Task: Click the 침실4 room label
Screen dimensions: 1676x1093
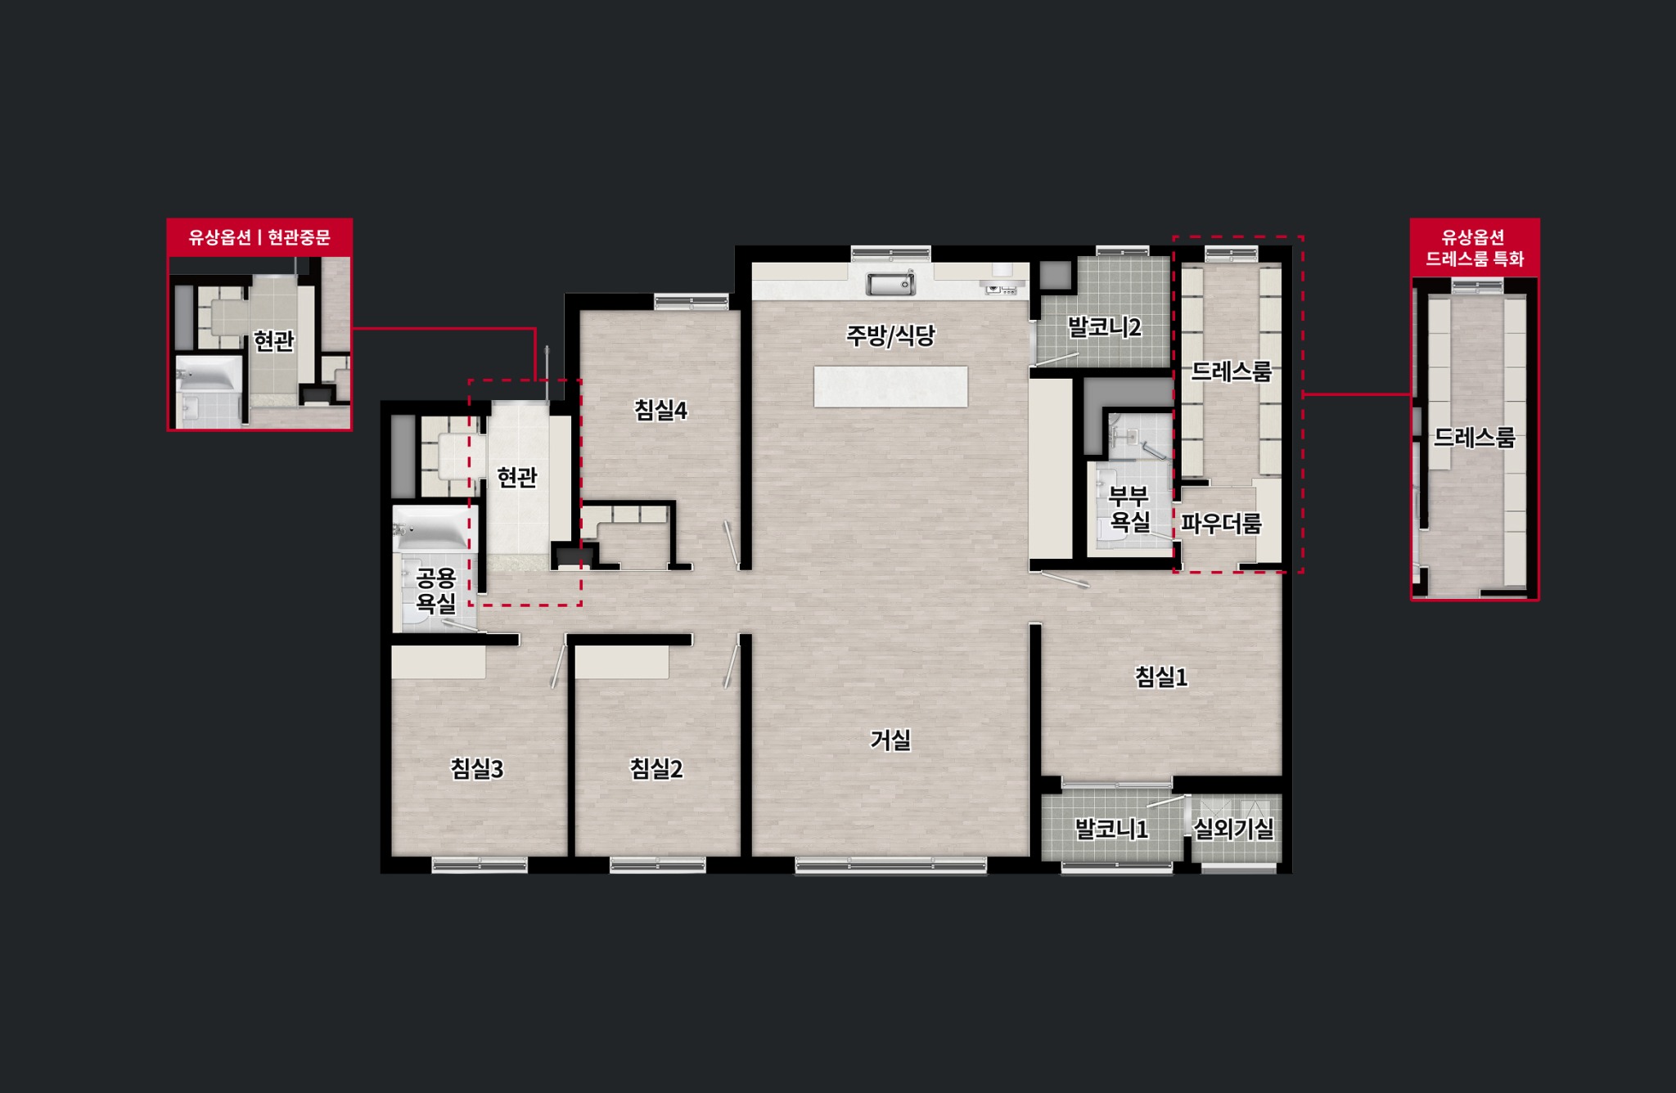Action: [660, 411]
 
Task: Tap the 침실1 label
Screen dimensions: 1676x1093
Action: [1160, 677]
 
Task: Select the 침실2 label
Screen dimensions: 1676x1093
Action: [656, 769]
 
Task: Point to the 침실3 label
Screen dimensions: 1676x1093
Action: [476, 769]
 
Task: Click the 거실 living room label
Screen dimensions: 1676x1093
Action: [890, 740]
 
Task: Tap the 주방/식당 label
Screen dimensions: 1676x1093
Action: [890, 335]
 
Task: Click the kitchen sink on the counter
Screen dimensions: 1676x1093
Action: [890, 284]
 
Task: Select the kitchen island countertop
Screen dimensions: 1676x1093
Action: [890, 386]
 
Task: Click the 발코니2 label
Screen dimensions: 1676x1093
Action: [1104, 327]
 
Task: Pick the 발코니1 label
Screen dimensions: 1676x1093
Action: [1111, 830]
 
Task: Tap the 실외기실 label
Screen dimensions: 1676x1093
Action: [1233, 830]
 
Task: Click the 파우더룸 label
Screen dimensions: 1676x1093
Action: [1221, 523]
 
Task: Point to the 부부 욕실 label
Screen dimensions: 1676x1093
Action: [1129, 509]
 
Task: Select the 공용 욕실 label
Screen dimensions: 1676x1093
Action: [435, 591]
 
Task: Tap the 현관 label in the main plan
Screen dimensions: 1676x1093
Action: [517, 477]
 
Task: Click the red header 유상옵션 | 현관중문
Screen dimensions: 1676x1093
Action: [259, 237]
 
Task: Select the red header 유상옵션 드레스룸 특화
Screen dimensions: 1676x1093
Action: [1475, 248]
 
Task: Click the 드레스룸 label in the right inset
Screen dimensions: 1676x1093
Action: [1475, 438]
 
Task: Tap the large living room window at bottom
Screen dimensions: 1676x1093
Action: [890, 865]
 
